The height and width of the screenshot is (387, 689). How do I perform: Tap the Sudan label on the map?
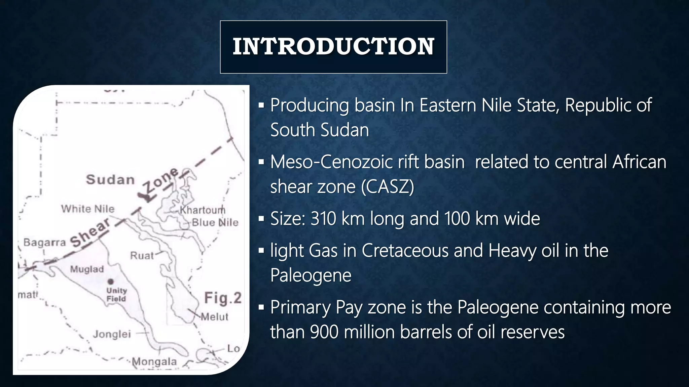click(110, 180)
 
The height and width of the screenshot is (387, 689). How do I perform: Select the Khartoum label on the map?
click(203, 210)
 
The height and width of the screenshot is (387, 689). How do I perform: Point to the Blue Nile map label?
click(215, 222)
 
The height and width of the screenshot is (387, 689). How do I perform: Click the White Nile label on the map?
click(88, 209)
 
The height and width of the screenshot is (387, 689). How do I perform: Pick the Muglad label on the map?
click(87, 269)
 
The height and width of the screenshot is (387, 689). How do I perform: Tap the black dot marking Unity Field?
click(111, 281)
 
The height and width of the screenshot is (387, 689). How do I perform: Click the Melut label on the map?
click(215, 317)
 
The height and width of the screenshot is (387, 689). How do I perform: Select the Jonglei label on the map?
click(112, 334)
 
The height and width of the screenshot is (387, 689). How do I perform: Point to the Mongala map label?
click(154, 362)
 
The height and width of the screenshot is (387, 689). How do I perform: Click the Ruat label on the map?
click(142, 256)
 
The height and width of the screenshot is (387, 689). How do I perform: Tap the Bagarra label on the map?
click(44, 242)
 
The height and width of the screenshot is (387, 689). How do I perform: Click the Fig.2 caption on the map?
click(223, 298)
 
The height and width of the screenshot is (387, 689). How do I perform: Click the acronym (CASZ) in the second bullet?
click(388, 187)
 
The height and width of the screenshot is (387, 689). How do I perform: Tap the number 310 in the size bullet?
click(323, 219)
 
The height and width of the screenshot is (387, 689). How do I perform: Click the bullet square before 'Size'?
click(261, 219)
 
